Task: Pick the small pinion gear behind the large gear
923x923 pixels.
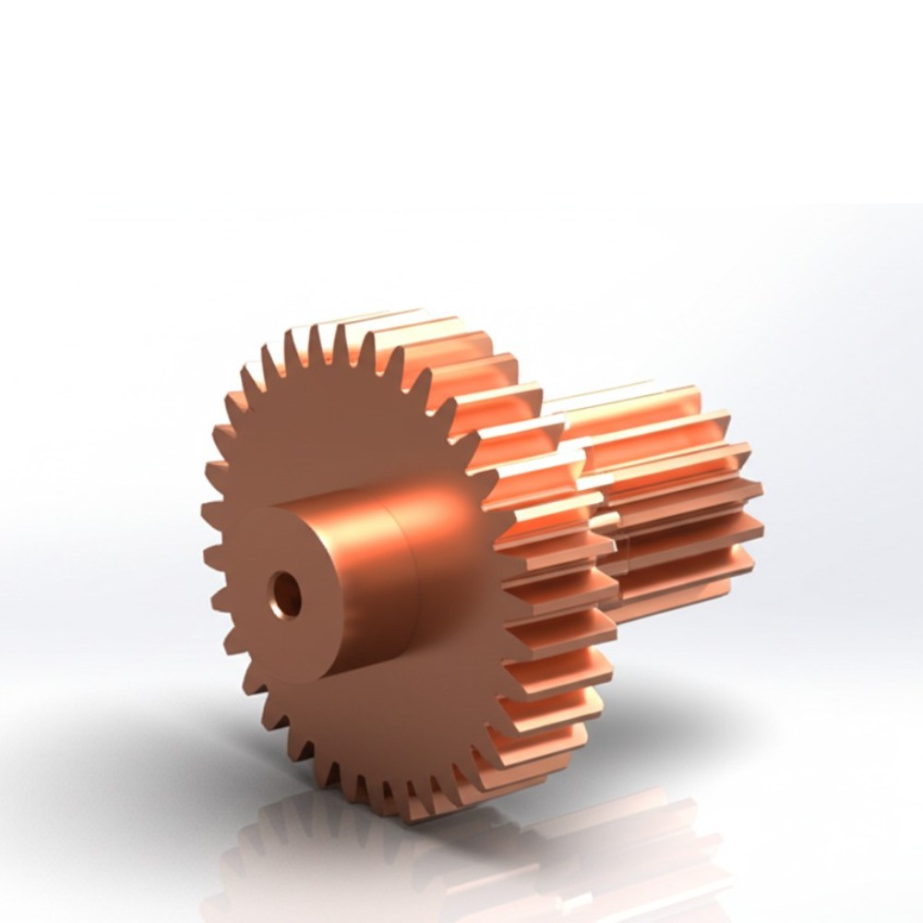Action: click(674, 498)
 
